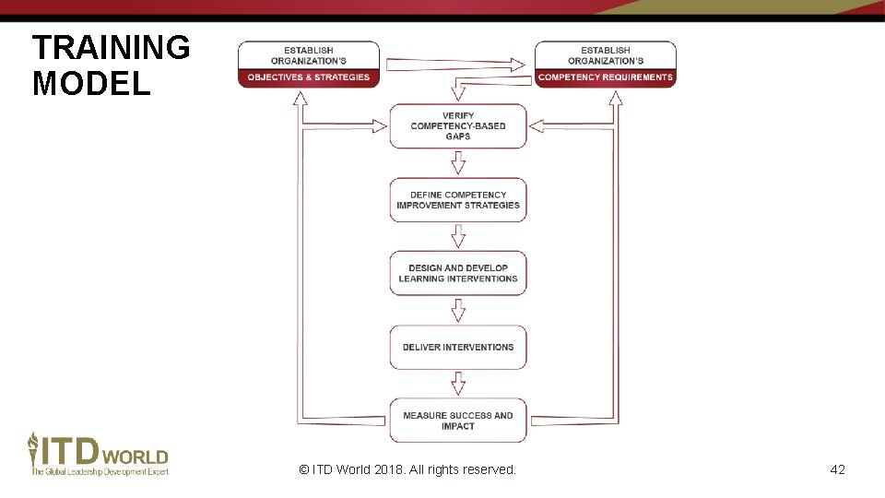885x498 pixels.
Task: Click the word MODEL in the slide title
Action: tap(90, 84)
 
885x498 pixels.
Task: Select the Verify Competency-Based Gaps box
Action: tap(457, 126)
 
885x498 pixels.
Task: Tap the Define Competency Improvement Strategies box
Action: tap(457, 200)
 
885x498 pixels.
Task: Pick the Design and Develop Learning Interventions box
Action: tap(457, 273)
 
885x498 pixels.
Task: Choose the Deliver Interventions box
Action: tap(457, 348)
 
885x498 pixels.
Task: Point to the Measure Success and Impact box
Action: tap(457, 421)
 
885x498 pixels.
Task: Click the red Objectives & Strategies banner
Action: tap(308, 77)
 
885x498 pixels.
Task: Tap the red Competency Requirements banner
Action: tap(606, 77)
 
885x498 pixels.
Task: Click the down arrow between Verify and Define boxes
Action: tap(457, 163)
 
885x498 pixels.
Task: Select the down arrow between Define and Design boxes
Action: tap(457, 237)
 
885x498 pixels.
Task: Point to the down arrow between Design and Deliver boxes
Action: tap(457, 310)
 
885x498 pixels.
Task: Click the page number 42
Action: tap(837, 469)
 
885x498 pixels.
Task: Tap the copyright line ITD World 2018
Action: tap(407, 469)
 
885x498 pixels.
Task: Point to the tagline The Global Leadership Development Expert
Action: tap(100, 472)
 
